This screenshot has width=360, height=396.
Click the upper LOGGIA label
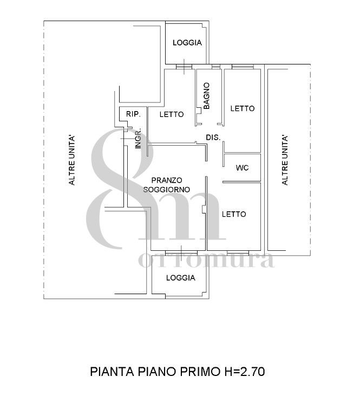(x=187, y=43)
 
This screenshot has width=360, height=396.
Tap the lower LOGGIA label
(x=181, y=278)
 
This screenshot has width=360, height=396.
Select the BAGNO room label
(x=206, y=96)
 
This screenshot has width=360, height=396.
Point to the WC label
(x=242, y=168)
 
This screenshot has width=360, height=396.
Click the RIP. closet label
(x=133, y=114)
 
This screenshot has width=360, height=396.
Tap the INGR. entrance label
(x=138, y=139)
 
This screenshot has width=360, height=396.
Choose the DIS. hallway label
(x=213, y=138)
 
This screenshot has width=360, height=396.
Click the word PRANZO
(x=167, y=180)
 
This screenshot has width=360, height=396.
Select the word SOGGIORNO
(x=167, y=190)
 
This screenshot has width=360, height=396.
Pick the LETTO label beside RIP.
(x=172, y=114)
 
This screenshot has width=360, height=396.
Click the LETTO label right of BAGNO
(x=243, y=108)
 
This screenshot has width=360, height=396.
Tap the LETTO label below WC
(x=234, y=215)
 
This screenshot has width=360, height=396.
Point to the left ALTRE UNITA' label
(x=72, y=160)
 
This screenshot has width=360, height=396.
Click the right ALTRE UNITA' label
(x=285, y=160)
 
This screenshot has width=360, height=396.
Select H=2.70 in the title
(x=244, y=372)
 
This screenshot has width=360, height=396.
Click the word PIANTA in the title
(x=112, y=372)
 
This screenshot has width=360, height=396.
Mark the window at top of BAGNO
(x=216, y=67)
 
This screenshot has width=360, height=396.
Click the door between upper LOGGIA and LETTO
(x=184, y=67)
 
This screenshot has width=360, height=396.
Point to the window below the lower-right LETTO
(x=238, y=253)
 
